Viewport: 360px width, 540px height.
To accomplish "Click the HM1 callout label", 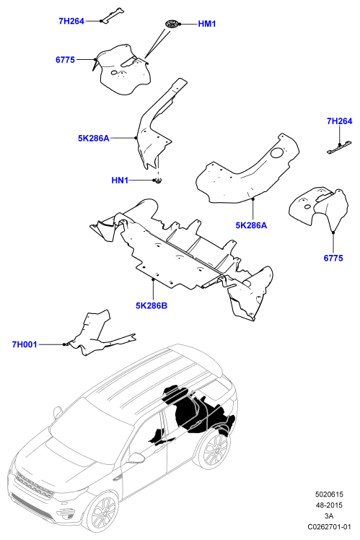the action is pos(207,24).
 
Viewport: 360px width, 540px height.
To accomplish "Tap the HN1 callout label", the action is pos(120,180).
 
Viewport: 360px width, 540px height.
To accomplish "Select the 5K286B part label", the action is pos(152,305).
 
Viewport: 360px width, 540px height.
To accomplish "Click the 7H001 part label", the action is pos(25,344).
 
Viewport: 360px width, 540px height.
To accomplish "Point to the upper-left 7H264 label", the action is pos(71,21).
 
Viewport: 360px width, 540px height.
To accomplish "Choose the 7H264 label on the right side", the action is pos(339,121).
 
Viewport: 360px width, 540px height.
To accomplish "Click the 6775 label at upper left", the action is pos(65,60).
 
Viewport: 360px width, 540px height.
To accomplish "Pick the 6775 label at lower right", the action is pos(333,258).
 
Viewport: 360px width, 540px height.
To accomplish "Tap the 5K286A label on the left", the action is pos(94,138).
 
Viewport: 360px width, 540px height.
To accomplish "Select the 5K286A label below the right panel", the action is pos(251,225).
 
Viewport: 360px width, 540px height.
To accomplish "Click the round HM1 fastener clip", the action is pos(171,24).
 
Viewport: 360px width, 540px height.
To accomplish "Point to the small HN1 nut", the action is pos(158,180).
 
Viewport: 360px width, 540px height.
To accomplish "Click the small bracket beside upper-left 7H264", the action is pos(112,16).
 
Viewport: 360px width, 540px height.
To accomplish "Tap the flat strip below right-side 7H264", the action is pos(337,149).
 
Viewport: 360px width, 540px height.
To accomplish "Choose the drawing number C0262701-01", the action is pos(330,526).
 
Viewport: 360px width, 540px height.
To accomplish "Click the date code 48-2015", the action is pos(330,505).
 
